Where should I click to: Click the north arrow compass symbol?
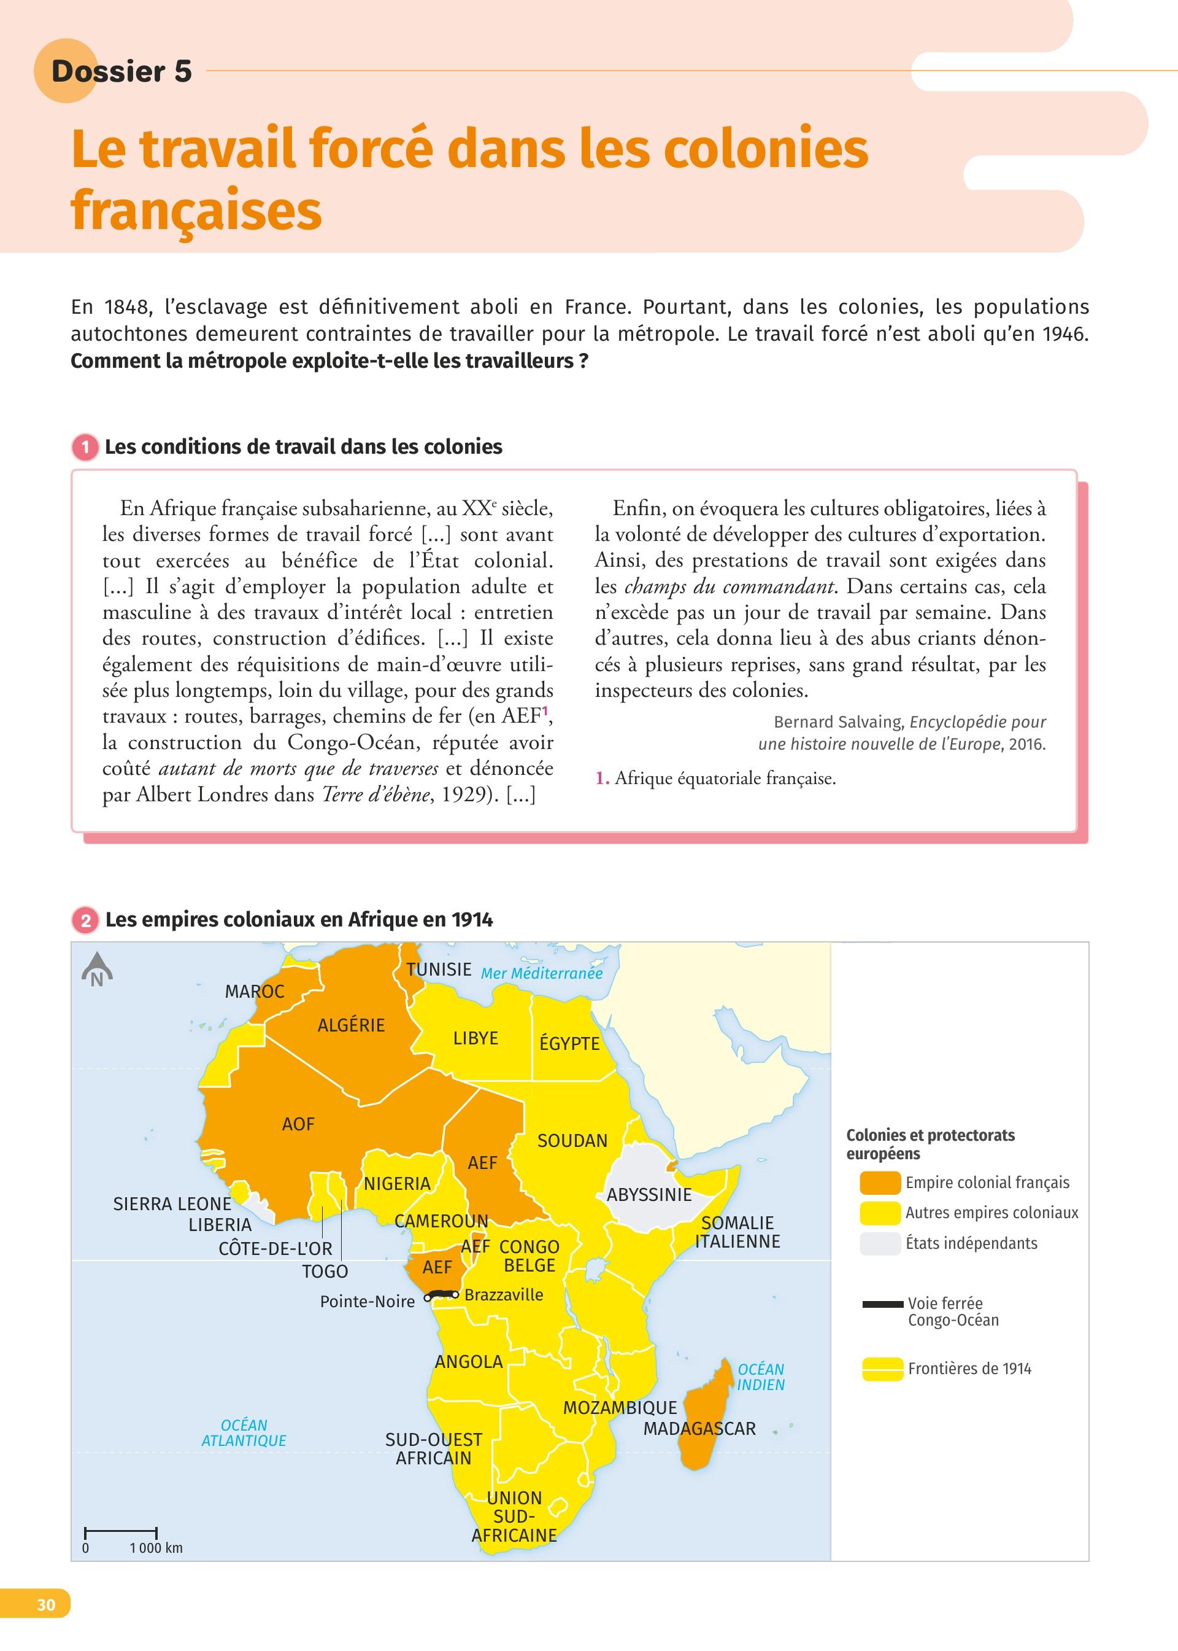pyautogui.click(x=96, y=969)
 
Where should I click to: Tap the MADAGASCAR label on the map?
pyautogui.click(x=699, y=1429)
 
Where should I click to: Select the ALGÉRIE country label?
pyautogui.click(x=351, y=1025)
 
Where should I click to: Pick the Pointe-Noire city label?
pyautogui.click(x=367, y=1302)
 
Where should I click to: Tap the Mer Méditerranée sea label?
pyautogui.click(x=541, y=974)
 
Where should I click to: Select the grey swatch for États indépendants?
pyautogui.click(x=879, y=1244)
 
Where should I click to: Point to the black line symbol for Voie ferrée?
pyautogui.click(x=883, y=1304)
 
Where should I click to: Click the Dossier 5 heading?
pyautogui.click(x=121, y=71)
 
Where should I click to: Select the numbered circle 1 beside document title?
pyautogui.click(x=85, y=447)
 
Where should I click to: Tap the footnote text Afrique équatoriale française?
pyautogui.click(x=725, y=779)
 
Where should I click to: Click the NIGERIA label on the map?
pyautogui.click(x=397, y=1184)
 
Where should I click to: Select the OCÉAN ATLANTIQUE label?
pyautogui.click(x=244, y=1432)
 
